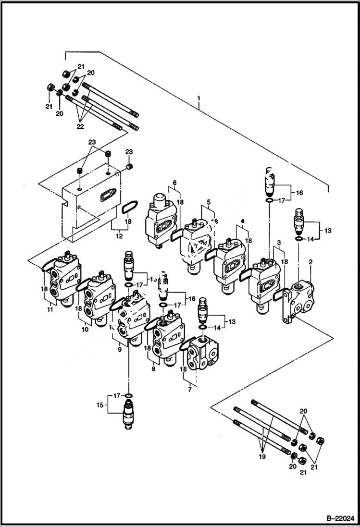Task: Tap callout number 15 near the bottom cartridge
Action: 100,406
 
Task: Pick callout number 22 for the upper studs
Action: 80,126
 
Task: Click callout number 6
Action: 174,183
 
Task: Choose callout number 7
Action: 189,390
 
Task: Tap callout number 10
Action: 86,330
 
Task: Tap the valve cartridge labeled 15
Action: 128,414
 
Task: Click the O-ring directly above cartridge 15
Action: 128,395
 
